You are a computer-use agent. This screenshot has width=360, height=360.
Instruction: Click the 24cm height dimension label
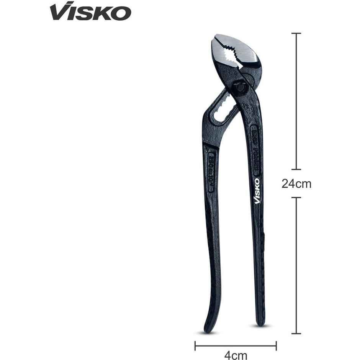pyautogui.click(x=296, y=184)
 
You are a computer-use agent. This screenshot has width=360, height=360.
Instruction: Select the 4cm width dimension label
pyautogui.click(x=236, y=355)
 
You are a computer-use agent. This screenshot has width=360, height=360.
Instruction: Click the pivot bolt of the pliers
pyautogui.click(x=239, y=87)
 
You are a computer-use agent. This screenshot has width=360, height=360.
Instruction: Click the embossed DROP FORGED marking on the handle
pyautogui.click(x=255, y=149)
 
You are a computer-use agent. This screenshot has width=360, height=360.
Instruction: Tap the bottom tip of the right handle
pyautogui.click(x=260, y=324)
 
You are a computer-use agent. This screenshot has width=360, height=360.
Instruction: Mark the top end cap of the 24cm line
pyautogui.click(x=296, y=33)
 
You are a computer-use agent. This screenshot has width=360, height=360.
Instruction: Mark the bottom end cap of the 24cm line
pyautogui.click(x=296, y=334)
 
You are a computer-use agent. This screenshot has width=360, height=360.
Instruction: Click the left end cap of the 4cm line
pyautogui.click(x=195, y=346)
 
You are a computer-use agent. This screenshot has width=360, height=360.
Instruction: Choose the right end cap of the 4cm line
pyautogui.click(x=276, y=346)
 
